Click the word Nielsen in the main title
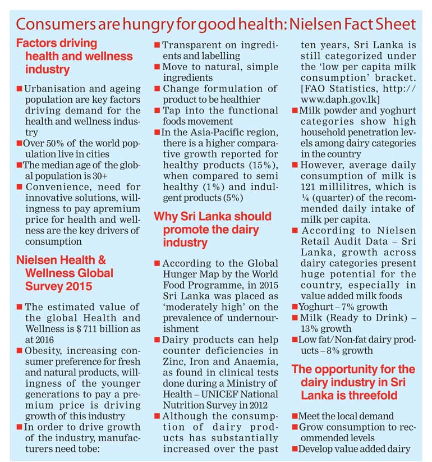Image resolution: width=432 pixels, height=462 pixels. [x=315, y=25]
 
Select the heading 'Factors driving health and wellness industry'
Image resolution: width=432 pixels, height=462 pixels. [x=75, y=56]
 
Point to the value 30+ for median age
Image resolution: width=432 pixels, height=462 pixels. [x=100, y=176]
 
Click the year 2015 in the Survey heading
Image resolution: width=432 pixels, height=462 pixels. [x=79, y=286]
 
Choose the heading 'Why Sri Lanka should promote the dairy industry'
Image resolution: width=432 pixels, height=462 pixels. [x=213, y=229]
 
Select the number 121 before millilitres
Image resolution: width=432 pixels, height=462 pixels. [x=309, y=187]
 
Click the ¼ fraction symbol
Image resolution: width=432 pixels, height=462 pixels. [x=305, y=198]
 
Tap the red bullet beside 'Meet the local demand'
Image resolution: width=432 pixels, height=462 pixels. [x=295, y=416]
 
